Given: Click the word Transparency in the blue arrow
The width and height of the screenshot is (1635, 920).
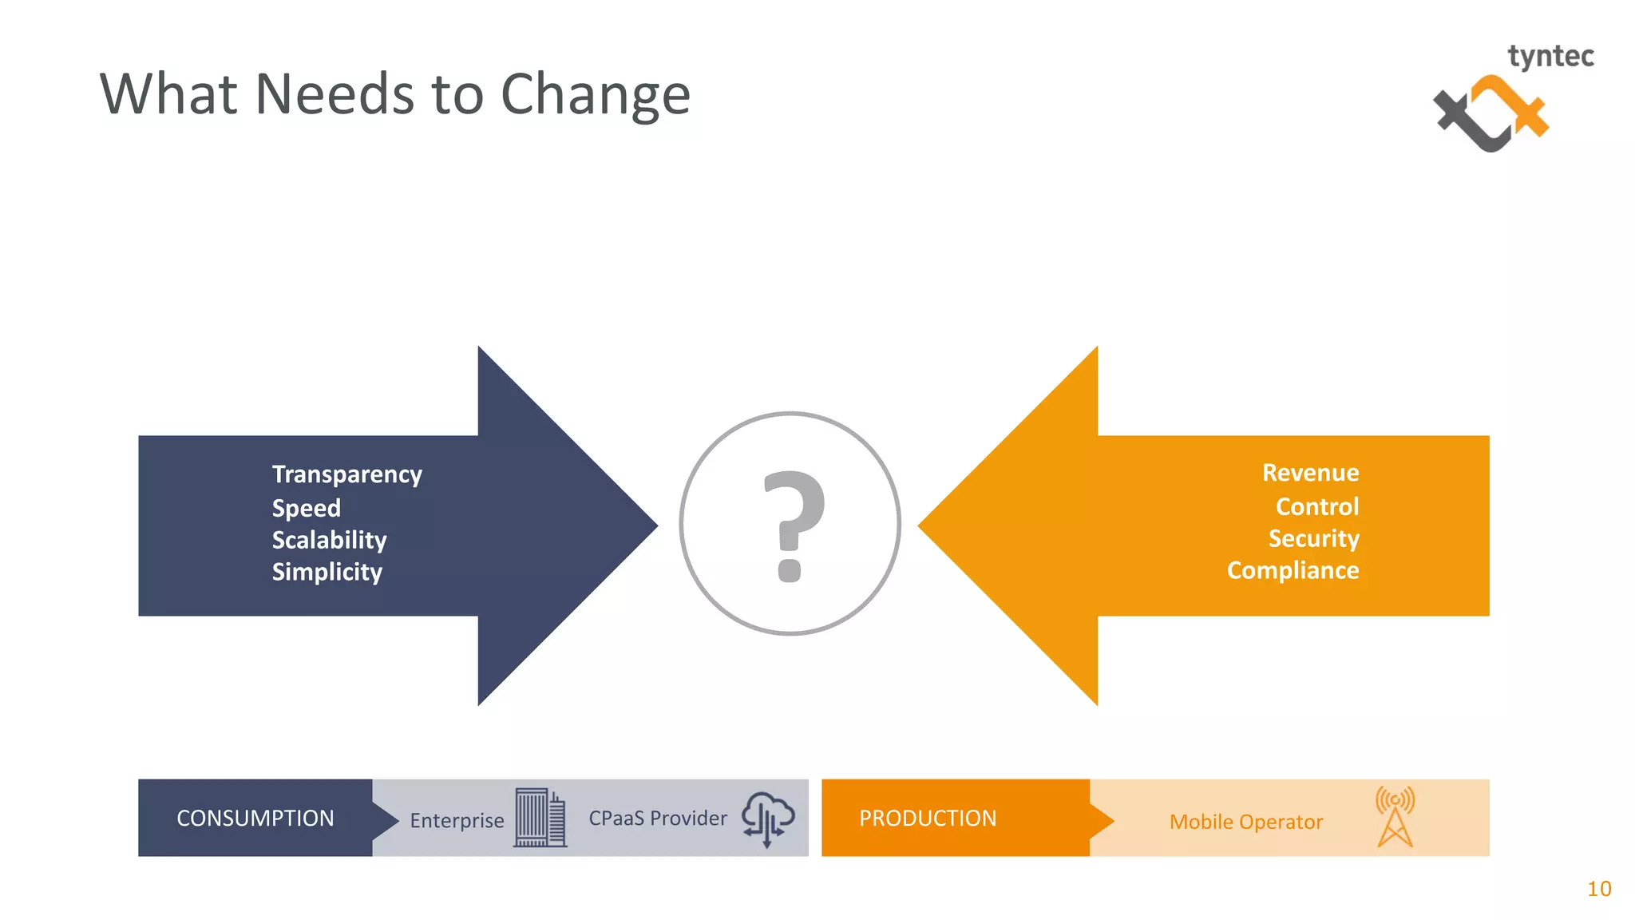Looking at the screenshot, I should (346, 474).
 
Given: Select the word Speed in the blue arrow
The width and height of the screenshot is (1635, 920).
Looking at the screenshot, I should (306, 508).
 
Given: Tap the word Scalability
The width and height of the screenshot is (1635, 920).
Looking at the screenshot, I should (329, 540).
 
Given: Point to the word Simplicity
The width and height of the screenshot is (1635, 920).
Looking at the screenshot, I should (327, 572).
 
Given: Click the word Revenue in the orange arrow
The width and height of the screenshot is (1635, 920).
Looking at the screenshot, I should (1310, 473).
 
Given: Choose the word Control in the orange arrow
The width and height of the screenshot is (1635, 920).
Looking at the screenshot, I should (1317, 506).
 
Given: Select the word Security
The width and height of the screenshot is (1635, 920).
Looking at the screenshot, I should (1313, 538).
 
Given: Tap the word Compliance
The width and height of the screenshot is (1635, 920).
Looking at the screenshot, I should (1293, 570).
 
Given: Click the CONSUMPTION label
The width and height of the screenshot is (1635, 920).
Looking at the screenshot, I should (255, 818).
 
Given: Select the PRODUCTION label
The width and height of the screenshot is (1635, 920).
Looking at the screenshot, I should (927, 818).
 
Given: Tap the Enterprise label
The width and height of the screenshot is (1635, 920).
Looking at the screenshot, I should (457, 820).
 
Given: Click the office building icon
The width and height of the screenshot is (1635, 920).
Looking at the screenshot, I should (540, 817).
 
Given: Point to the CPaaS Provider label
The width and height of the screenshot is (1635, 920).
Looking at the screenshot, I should (658, 818).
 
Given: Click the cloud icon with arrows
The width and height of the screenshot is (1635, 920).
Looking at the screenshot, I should (767, 819).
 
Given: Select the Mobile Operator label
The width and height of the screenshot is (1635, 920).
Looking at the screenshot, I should (1245, 822).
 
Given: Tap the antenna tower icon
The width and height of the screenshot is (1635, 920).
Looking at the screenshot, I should (1395, 816).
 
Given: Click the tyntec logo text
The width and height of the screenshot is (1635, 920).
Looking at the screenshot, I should (1550, 57).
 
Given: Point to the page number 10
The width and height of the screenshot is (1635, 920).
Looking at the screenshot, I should (1599, 889).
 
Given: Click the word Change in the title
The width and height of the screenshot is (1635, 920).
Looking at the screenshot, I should (595, 94).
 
